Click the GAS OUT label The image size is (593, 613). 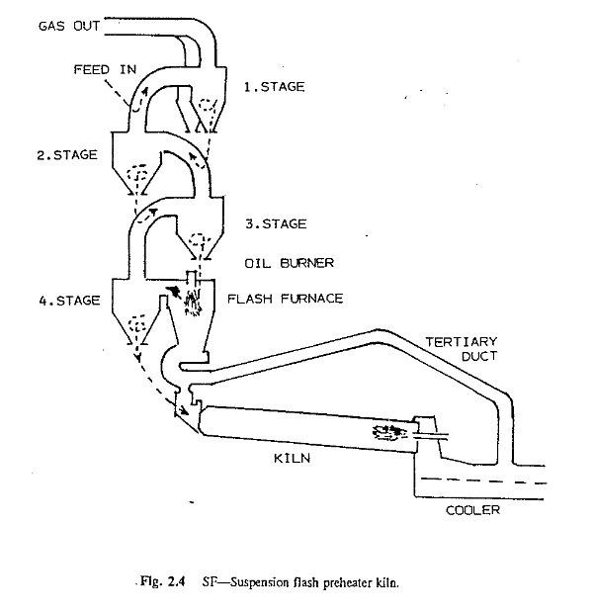69,26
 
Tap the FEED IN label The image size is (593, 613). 105,69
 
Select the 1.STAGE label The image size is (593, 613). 275,87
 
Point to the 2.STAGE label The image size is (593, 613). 67,155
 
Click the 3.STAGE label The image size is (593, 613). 276,224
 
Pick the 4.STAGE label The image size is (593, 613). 69,301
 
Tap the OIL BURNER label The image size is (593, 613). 290,263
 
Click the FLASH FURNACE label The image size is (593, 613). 286,299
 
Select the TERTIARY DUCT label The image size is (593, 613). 462,349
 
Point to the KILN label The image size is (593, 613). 292,458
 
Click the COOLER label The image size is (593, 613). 473,510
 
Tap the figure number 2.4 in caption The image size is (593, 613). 176,581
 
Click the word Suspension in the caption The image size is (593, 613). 254,583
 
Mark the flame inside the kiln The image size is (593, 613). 389,432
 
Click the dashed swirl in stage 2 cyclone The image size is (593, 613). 136,174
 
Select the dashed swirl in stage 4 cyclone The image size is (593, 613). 137,323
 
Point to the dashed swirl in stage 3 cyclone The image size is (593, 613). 198,239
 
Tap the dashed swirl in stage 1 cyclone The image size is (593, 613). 207,106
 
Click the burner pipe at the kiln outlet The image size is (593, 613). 429,435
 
